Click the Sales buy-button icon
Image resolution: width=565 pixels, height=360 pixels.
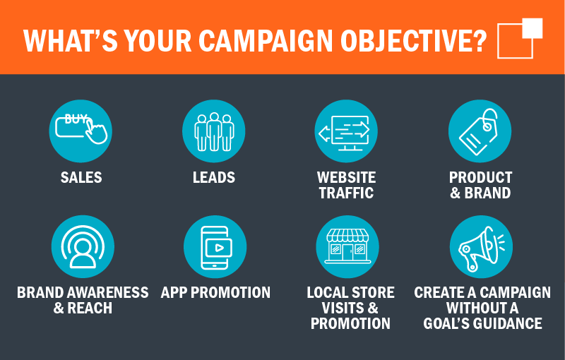coord(81,131)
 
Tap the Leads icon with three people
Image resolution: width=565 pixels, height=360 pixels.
coord(214,131)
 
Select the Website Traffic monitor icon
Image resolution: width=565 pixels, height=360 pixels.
coord(346,131)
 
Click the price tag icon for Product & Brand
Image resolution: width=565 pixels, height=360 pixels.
coord(480,131)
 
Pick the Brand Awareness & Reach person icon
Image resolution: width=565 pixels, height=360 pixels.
coord(83,246)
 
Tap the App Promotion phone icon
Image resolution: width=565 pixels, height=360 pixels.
coord(215,246)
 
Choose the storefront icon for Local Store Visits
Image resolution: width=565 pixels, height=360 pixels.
coord(347,246)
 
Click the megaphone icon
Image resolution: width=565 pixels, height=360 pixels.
coord(481,246)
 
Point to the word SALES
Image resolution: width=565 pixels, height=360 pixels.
coord(81,177)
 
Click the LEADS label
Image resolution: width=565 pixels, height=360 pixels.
coord(214,177)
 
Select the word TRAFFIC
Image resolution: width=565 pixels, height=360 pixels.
coord(346,193)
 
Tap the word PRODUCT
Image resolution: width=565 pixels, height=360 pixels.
coord(481,177)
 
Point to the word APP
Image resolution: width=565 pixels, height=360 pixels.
coord(174,292)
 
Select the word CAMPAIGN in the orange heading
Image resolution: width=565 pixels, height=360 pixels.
coord(266,41)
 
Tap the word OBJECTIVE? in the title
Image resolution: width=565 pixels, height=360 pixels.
coord(414,41)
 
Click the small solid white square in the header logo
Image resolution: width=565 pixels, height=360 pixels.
coord(533,28)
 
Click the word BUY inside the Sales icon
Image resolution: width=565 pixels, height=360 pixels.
coord(76,119)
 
